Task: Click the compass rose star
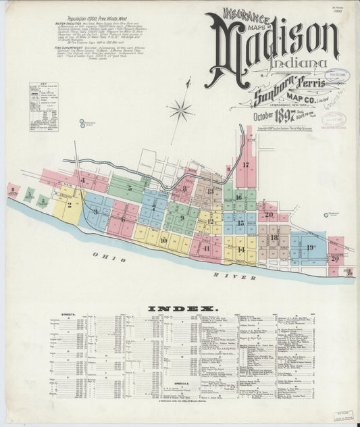(180, 108)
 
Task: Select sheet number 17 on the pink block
(247, 165)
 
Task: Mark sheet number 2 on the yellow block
(69, 204)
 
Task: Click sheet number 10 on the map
(163, 240)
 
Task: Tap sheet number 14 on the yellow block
(241, 249)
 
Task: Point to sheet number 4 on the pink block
(82, 180)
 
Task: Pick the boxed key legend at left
(43, 106)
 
